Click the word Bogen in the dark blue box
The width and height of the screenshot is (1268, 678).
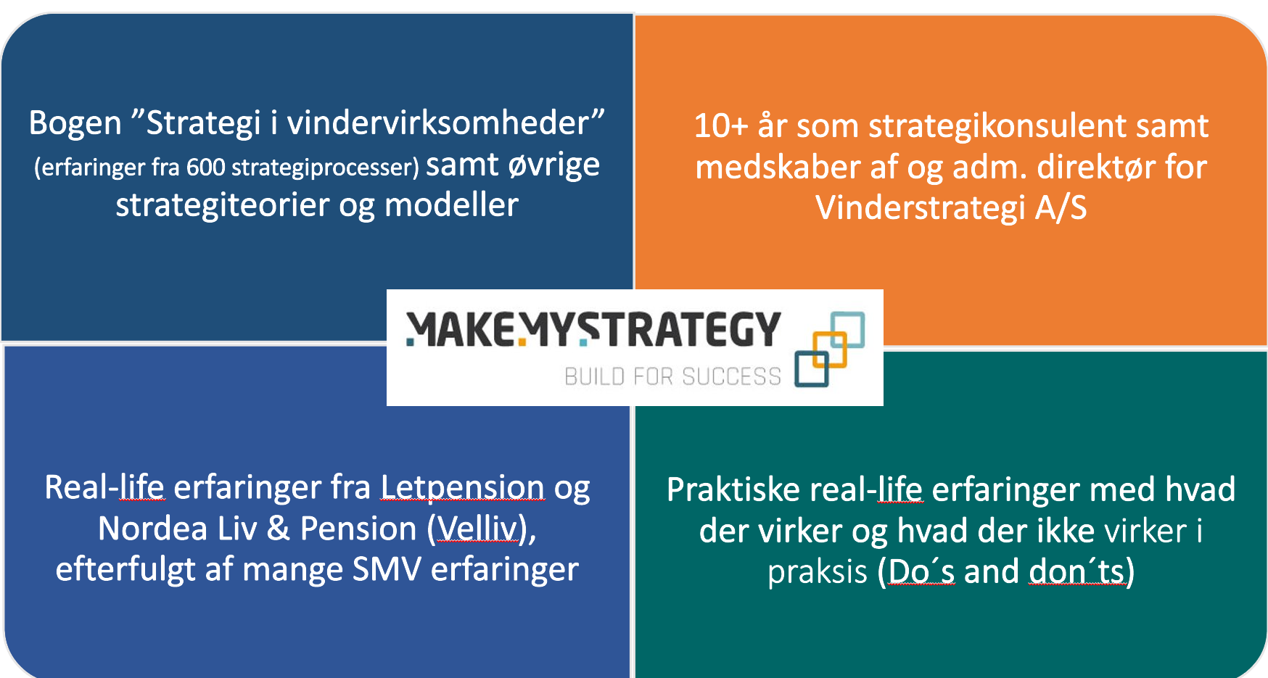[75, 124]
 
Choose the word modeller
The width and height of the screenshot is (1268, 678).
[451, 205]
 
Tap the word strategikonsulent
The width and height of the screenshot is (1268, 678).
[997, 126]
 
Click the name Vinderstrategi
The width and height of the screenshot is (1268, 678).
[920, 208]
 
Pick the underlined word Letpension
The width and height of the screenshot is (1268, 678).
[462, 487]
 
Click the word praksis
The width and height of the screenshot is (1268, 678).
[818, 573]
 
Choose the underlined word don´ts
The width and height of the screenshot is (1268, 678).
[1076, 572]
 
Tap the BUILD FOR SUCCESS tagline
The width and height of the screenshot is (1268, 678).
[672, 376]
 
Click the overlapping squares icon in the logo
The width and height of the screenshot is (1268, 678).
[829, 349]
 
